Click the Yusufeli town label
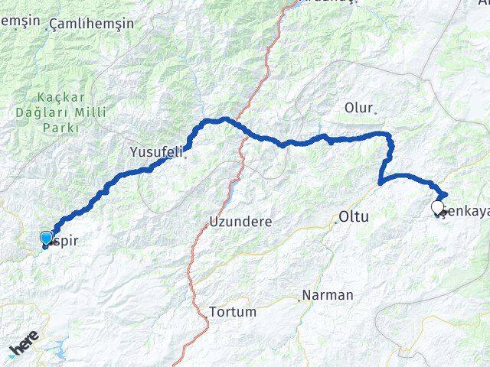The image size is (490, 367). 156,152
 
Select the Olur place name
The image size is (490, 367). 358,107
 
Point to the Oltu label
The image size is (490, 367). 354,217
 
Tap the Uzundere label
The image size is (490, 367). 241,222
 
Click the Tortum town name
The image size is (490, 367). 232,312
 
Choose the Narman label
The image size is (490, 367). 328,294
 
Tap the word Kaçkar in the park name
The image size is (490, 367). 53,97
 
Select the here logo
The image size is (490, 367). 23,348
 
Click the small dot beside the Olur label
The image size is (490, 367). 375,112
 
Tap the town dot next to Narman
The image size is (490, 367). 299,299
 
